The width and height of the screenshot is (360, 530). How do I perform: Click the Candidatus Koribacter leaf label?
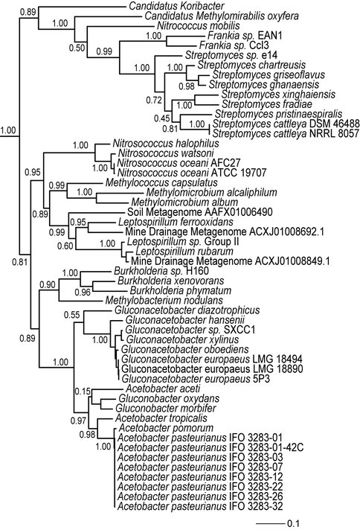[x=177, y=6]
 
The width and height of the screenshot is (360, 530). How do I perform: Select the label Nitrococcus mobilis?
[x=199, y=26]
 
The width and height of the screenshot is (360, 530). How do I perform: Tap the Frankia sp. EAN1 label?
[x=245, y=36]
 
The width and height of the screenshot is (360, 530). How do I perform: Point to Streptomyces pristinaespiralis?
[x=279, y=114]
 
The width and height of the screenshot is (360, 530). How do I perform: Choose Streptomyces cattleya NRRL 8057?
[x=286, y=134]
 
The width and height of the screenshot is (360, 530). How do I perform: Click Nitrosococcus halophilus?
[x=166, y=144]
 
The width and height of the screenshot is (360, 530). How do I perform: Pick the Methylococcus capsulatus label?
[x=161, y=183]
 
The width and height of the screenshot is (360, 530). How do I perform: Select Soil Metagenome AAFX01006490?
[x=200, y=212]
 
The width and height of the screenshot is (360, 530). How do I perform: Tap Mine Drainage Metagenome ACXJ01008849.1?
[x=231, y=261]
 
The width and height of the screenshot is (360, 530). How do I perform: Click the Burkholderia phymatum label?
[x=181, y=291]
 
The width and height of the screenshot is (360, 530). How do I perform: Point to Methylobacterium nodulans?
[x=164, y=301]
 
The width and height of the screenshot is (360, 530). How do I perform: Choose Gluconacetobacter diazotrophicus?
[x=187, y=310]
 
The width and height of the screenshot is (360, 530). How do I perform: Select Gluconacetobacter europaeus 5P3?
[x=196, y=379]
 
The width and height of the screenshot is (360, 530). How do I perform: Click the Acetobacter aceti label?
[x=163, y=389]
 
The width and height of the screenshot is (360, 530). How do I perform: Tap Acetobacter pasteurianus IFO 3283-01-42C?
[x=210, y=447]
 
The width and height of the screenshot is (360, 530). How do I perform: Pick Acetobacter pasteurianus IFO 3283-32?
[x=200, y=506]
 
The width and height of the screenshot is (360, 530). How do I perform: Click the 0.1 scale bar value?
[x=293, y=523]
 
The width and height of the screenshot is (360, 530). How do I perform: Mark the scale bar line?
[x=270, y=523]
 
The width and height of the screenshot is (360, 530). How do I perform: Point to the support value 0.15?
[x=83, y=392]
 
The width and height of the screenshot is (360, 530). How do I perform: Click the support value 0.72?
[x=154, y=100]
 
